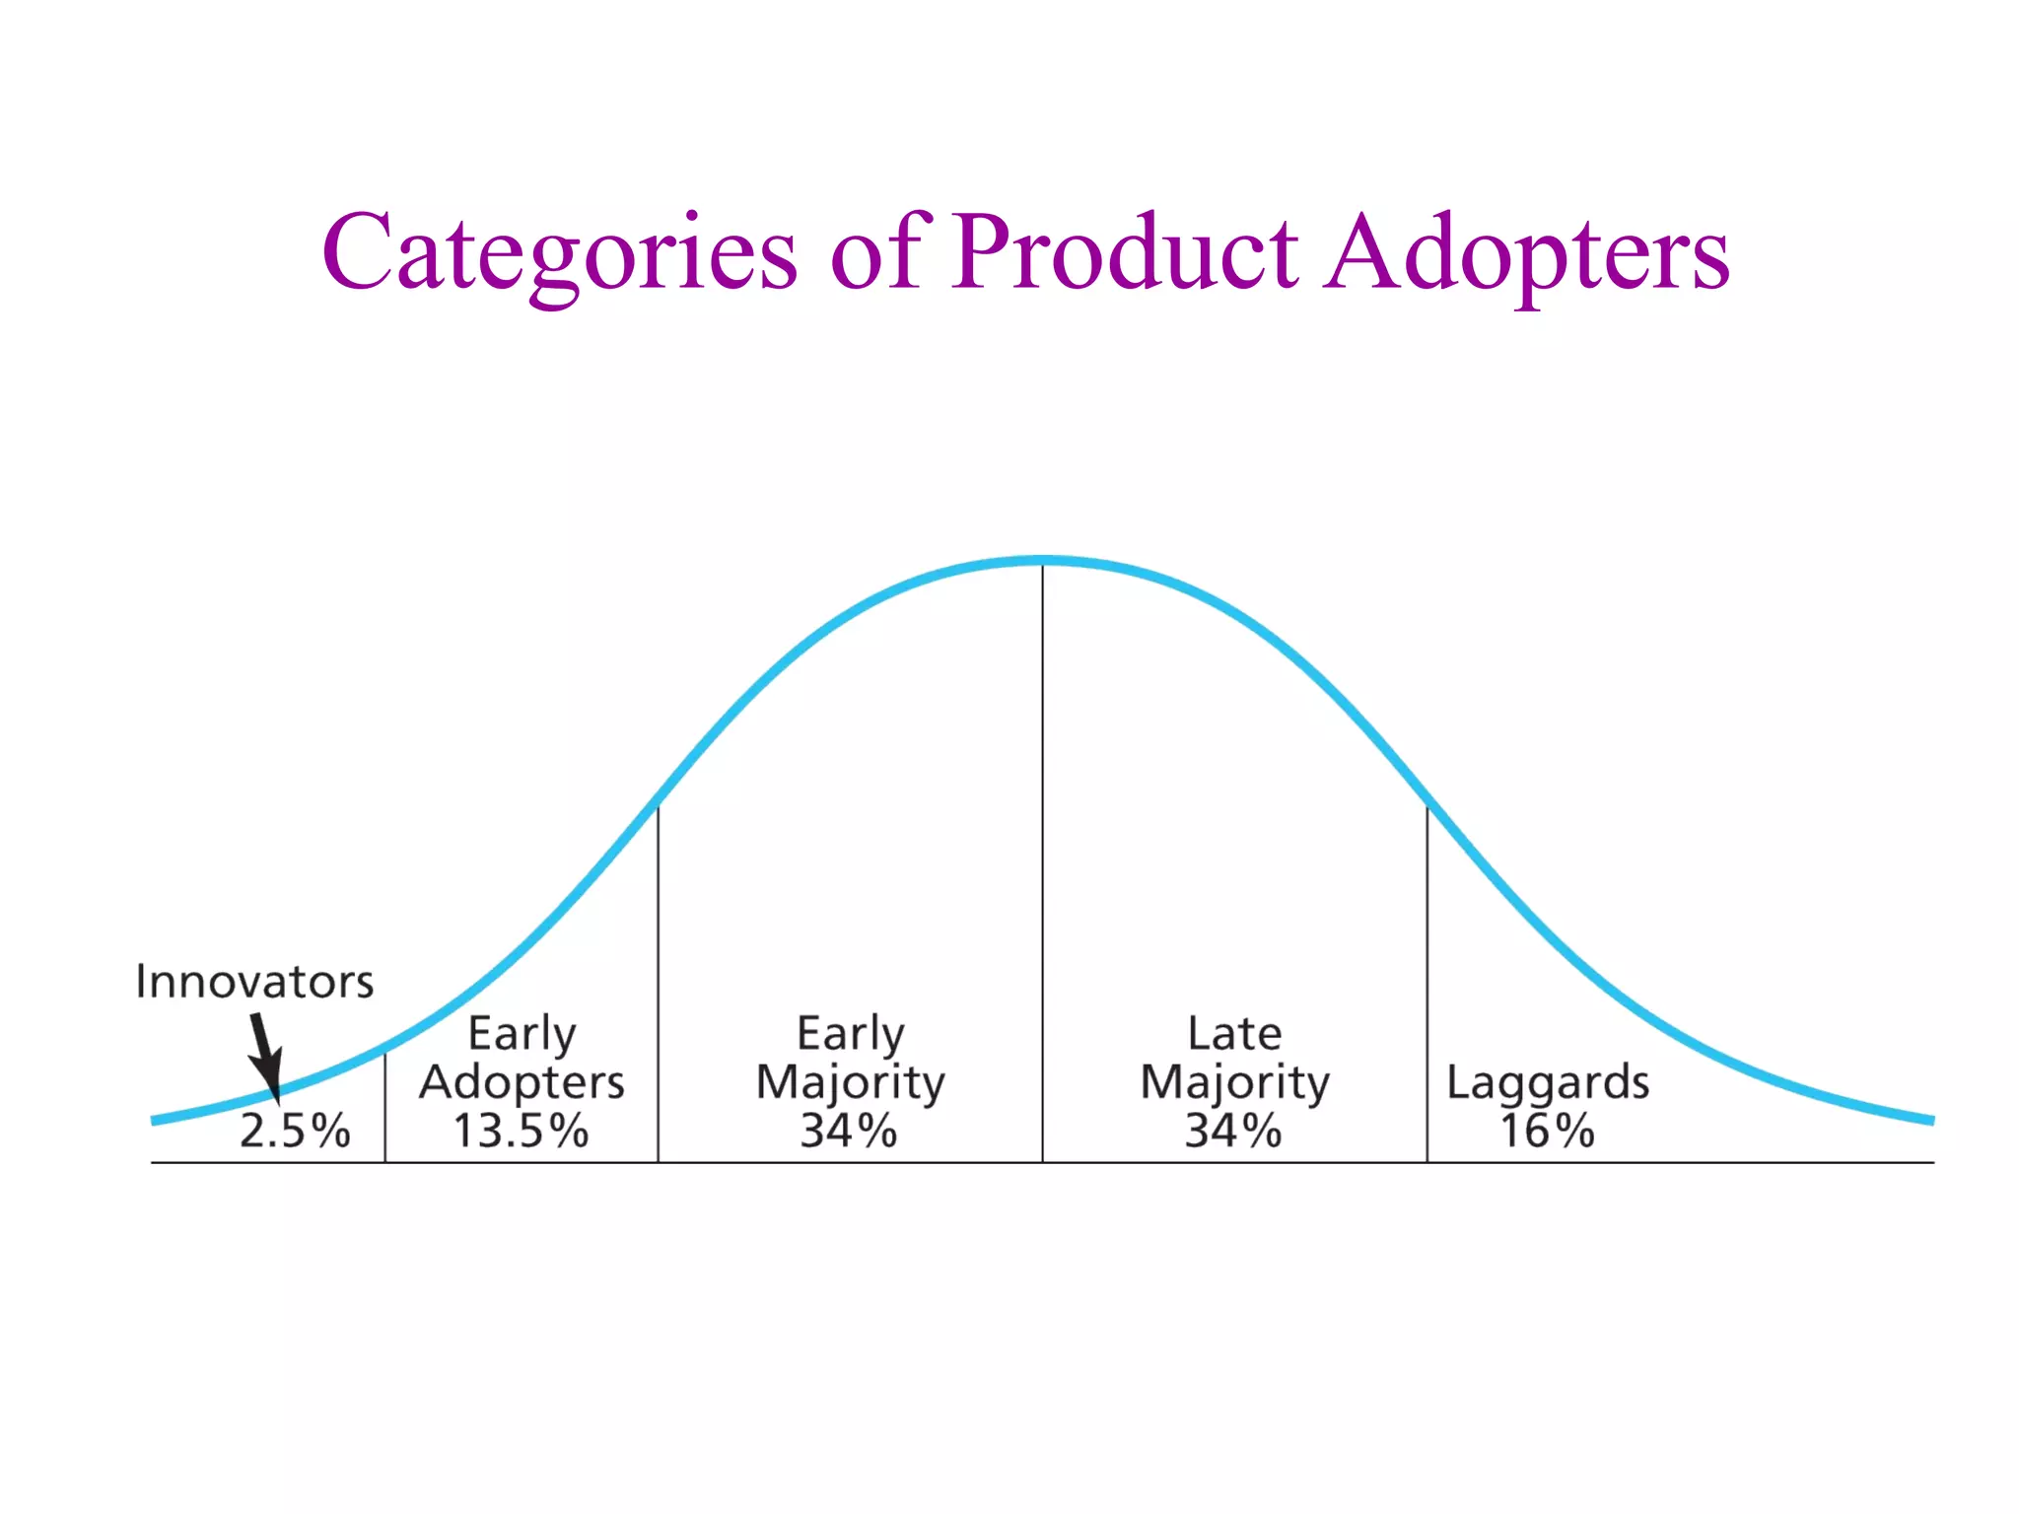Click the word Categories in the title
(559, 254)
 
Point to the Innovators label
(254, 982)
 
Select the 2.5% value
(295, 1131)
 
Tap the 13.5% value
(521, 1131)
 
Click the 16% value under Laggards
(1547, 1131)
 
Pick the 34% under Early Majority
(849, 1131)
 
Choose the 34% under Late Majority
(1233, 1131)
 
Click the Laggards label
(1547, 1082)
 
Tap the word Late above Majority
(1234, 1033)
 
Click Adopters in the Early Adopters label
(522, 1082)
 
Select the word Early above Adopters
(522, 1033)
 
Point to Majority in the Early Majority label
(850, 1082)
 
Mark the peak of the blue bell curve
(1042, 561)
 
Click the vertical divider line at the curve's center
(1042, 838)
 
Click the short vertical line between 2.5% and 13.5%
(384, 1109)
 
